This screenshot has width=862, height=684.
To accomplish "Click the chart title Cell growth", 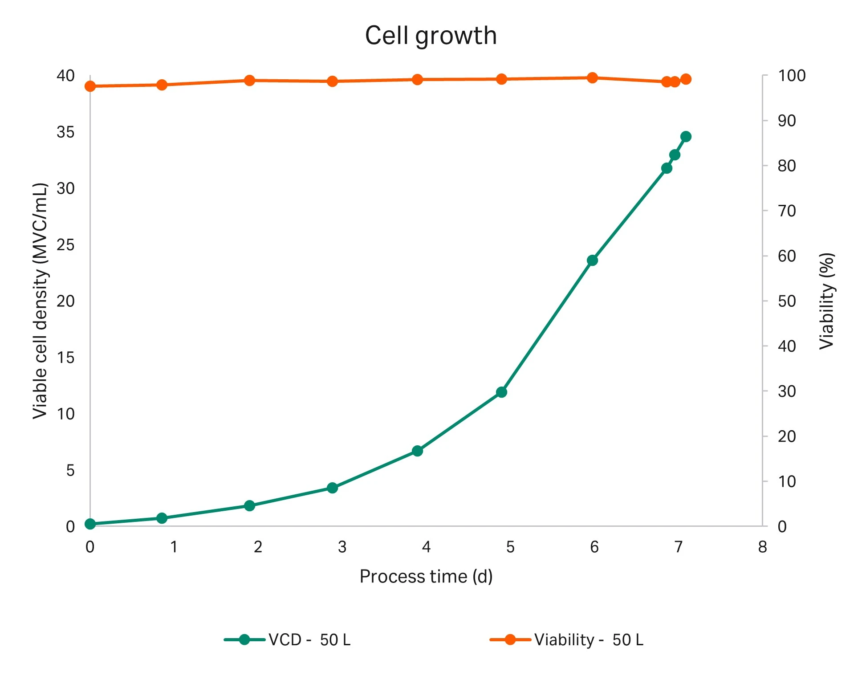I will click(431, 36).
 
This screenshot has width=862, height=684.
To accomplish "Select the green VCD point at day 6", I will click(592, 261).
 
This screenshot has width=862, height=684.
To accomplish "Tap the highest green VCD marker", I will click(686, 137).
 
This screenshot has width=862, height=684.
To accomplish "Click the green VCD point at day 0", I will click(90, 524).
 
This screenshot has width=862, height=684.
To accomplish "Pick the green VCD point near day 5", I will click(501, 392).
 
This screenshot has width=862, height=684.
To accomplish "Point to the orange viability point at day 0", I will click(90, 86).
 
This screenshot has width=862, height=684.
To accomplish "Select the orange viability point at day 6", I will click(592, 78).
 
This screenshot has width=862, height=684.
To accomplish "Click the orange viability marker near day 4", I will click(417, 80).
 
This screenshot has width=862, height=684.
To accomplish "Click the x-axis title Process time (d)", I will click(426, 576).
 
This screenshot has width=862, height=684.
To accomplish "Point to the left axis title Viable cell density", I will click(40, 301).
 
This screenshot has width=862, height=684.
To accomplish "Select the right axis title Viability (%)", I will click(826, 301).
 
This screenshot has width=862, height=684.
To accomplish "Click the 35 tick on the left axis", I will click(65, 132).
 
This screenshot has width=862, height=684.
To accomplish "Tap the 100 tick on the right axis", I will click(791, 76).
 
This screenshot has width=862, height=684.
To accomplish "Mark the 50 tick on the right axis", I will click(787, 301).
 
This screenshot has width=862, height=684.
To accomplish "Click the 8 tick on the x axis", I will click(762, 547).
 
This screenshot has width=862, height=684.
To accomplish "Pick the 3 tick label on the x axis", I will click(342, 547).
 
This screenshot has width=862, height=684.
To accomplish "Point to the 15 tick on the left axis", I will click(65, 358).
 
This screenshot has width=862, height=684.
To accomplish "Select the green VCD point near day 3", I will click(332, 488).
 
